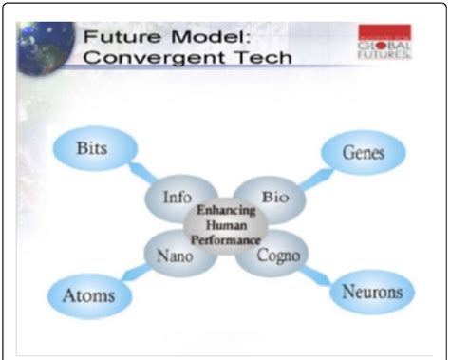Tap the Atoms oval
tap(88, 294)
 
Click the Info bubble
tap(177, 199)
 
